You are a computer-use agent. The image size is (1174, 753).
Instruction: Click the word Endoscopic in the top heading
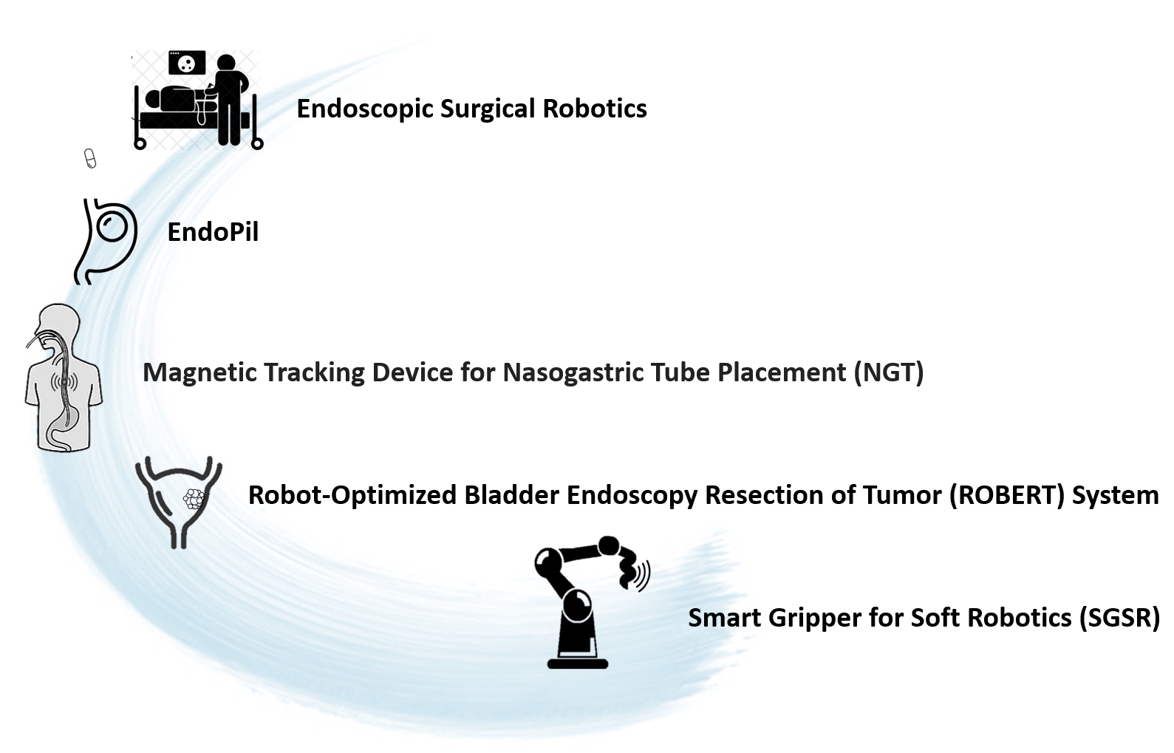pos(365,109)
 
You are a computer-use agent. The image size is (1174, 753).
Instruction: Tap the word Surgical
pos(488,109)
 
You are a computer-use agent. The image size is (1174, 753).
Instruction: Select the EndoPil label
pos(213,232)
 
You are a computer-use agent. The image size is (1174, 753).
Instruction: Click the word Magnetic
pos(201,373)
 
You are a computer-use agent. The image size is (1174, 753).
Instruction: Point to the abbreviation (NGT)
pos(888,373)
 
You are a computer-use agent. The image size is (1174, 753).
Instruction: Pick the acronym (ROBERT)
pos(1007,495)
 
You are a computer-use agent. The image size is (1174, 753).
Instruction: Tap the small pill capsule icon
pos(90,158)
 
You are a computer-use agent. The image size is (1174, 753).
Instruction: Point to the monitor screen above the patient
pos(187,63)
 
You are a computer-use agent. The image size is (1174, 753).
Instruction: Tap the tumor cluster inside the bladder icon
pos(194,500)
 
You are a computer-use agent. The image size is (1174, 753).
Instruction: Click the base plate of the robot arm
pos(578,664)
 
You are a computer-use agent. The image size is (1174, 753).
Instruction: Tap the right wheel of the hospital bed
pos(257,143)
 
